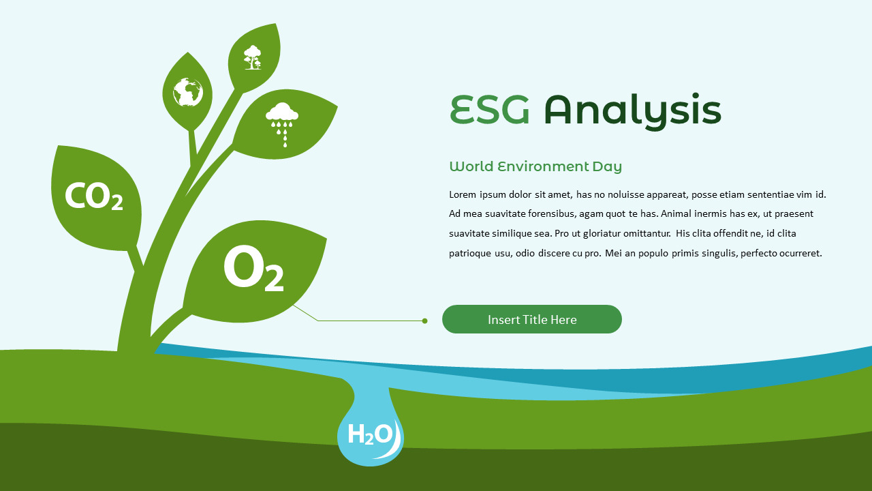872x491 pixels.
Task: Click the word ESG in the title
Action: click(490, 110)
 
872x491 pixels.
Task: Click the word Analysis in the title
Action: click(632, 111)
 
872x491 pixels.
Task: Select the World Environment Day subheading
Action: click(535, 166)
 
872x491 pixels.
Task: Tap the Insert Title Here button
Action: click(532, 319)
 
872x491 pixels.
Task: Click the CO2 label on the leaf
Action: click(93, 196)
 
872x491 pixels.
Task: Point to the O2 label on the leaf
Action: click(253, 270)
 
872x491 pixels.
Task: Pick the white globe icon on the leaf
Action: click(188, 92)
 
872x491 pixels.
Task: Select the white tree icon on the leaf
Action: click(253, 57)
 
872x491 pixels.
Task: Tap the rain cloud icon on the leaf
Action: click(282, 121)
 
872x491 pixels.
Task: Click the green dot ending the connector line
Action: click(424, 321)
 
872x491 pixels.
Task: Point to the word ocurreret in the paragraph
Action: click(799, 253)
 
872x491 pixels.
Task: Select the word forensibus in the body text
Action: click(550, 214)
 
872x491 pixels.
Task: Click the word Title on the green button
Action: click(533, 319)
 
